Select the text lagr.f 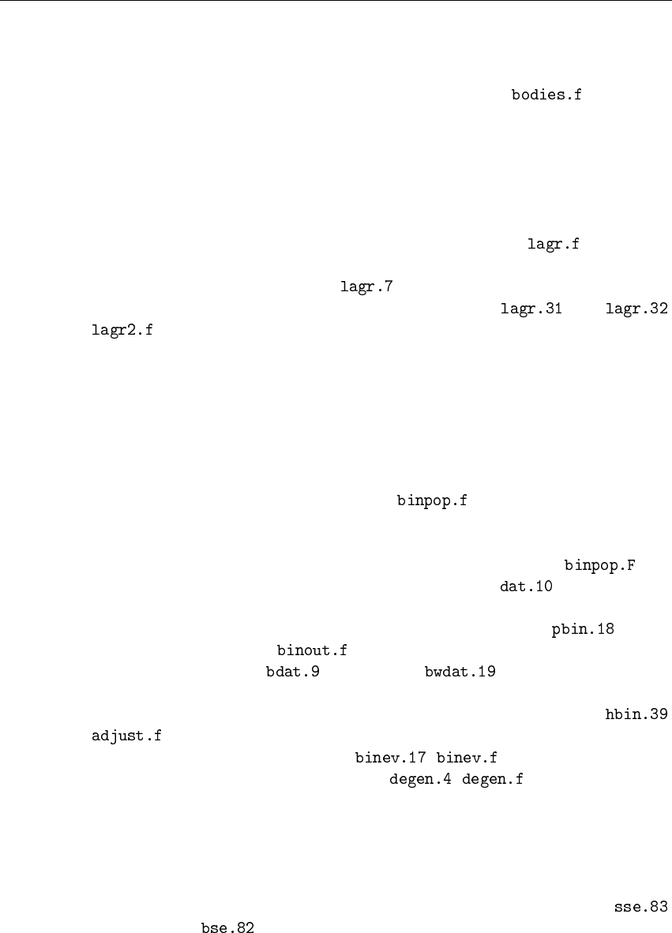click(554, 245)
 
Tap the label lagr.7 click(367, 287)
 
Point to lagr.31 click(531, 309)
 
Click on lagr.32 click(636, 309)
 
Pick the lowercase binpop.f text click(432, 500)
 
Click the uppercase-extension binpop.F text click(600, 565)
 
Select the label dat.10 click(527, 586)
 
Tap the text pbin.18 click(583, 629)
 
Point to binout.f click(312, 650)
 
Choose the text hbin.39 click(636, 715)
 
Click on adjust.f click(127, 737)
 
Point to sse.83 click(640, 908)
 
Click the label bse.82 click(227, 929)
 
